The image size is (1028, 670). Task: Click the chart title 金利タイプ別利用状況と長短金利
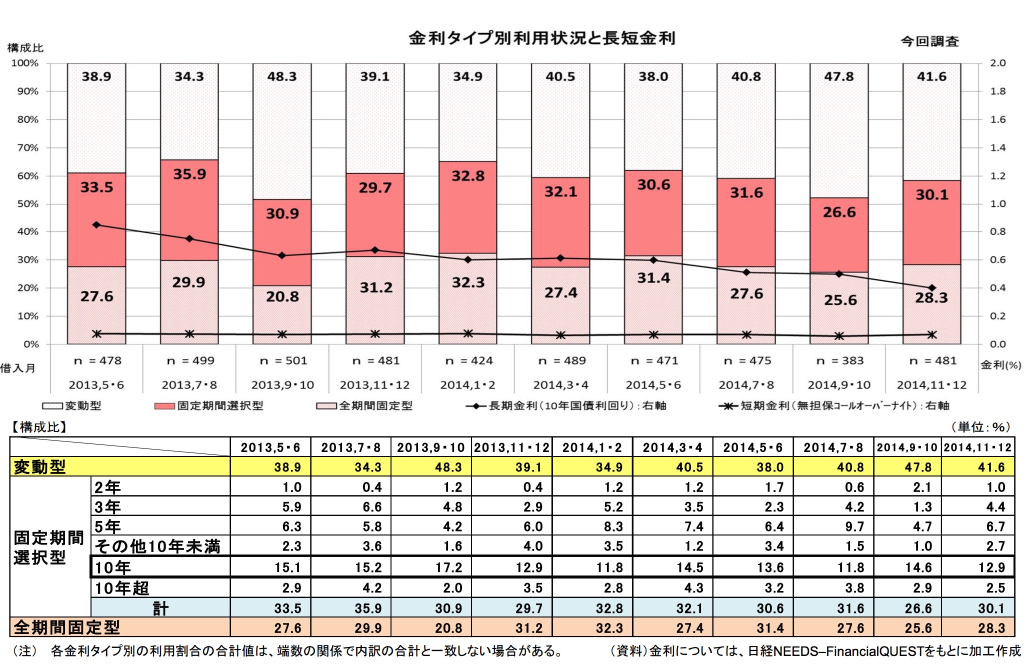[542, 38]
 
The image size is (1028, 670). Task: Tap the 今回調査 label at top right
[929, 41]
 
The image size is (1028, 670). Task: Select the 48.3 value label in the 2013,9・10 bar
[282, 76]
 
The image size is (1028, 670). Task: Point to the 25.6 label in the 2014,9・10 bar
[840, 300]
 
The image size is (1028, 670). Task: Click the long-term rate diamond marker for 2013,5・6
[96, 225]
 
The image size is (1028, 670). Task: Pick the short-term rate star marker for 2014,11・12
[932, 335]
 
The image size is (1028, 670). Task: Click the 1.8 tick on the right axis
[998, 91]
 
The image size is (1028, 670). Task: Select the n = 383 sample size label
[840, 360]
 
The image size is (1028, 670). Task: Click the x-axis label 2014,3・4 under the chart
[560, 385]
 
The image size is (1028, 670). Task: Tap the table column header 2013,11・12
[511, 447]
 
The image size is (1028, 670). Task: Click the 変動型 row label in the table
[40, 467]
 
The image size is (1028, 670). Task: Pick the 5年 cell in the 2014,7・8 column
[854, 526]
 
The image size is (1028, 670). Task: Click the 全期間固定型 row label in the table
[66, 627]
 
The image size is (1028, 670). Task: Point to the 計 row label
[160, 608]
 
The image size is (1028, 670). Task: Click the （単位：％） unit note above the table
[980, 427]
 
